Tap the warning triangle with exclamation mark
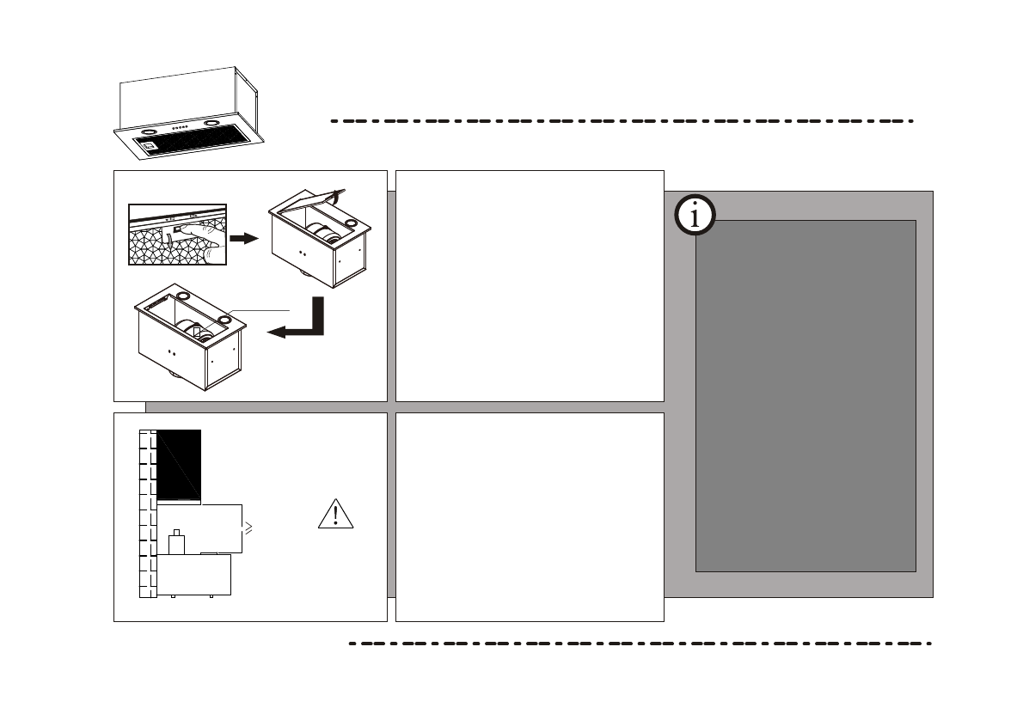coord(336,515)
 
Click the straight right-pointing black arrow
coord(244,238)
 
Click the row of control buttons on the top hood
coord(180,127)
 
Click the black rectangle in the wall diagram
coord(179,464)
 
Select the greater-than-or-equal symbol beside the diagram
coord(248,528)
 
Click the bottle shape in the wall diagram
coord(178,541)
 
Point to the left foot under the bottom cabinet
coord(173,595)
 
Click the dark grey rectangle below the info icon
coord(805,395)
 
